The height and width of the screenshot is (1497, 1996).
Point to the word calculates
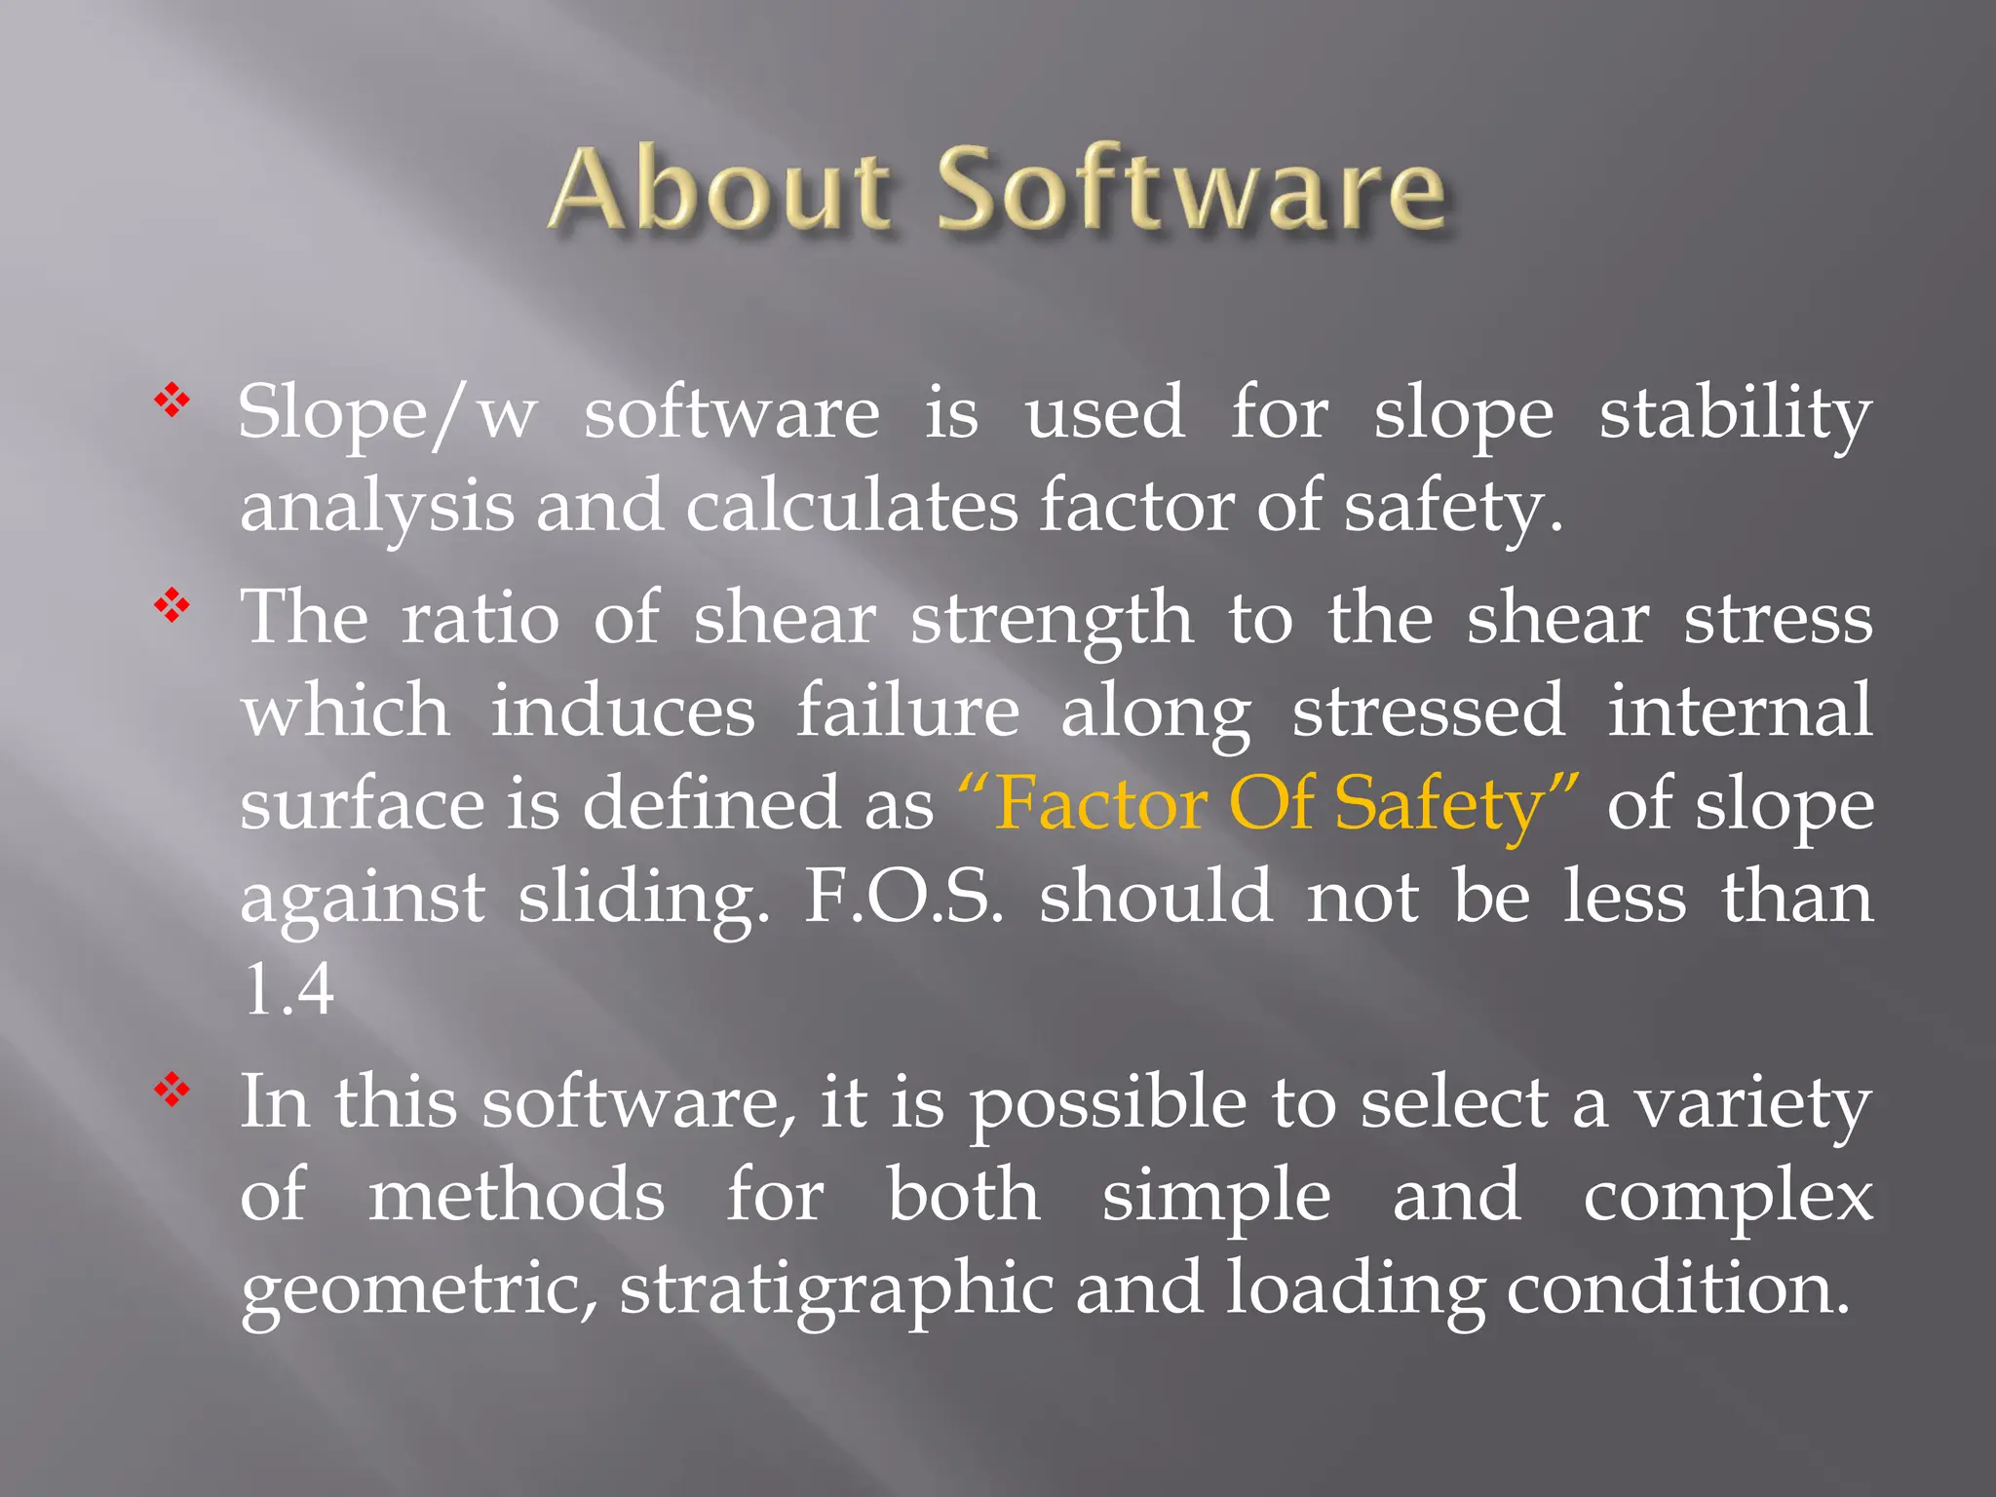point(851,508)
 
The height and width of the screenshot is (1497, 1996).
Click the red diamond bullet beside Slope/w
point(172,400)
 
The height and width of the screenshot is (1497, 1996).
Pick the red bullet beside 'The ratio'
point(172,605)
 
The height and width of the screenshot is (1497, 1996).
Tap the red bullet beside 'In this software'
point(172,1090)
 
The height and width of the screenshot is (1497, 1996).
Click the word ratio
point(480,619)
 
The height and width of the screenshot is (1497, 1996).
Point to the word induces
point(622,711)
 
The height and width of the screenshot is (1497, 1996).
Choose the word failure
point(907,711)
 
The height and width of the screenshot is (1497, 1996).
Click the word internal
point(1739,711)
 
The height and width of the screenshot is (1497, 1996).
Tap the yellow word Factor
point(1101,805)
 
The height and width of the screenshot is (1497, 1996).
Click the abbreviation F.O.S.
point(902,898)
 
